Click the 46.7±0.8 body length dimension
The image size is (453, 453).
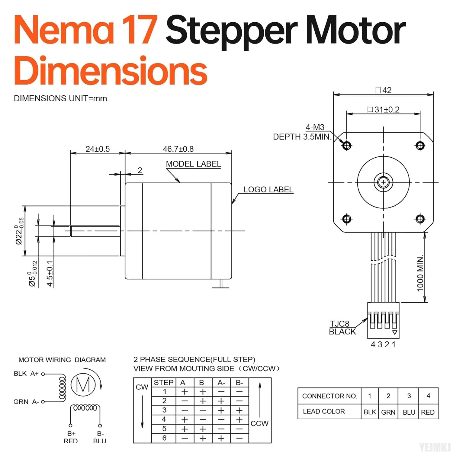point(178,149)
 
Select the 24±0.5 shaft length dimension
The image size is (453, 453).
point(98,149)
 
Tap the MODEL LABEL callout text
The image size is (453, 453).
point(193,164)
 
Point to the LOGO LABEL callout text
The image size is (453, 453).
point(268,190)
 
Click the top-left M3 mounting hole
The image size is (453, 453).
point(347,146)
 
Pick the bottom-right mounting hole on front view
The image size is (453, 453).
point(420,218)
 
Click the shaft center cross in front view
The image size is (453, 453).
point(383,182)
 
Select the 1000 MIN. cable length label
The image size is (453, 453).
point(420,274)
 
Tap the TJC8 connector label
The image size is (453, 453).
point(339,324)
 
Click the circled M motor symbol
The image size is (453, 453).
point(83,384)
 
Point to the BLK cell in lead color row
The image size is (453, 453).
point(370,412)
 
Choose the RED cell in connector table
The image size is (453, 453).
point(428,412)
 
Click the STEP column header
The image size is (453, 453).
point(163,383)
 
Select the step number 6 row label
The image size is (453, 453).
point(164,438)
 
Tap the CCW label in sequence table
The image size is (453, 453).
point(259,423)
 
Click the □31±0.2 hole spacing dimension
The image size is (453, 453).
point(383,110)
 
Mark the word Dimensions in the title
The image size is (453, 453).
point(111,71)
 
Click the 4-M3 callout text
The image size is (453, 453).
point(315,127)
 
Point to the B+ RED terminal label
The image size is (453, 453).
point(71,437)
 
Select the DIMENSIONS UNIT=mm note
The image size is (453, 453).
point(60,98)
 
